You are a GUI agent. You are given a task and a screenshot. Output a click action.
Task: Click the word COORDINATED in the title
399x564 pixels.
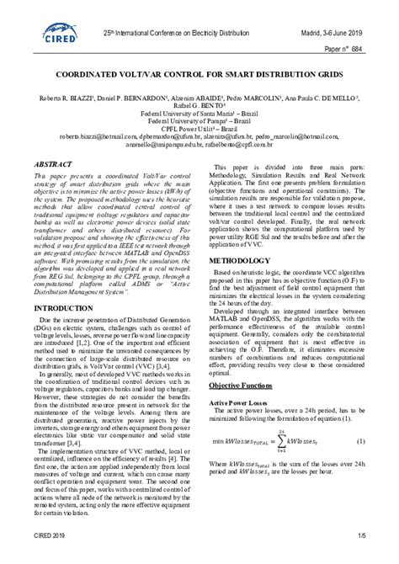click(x=93, y=74)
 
